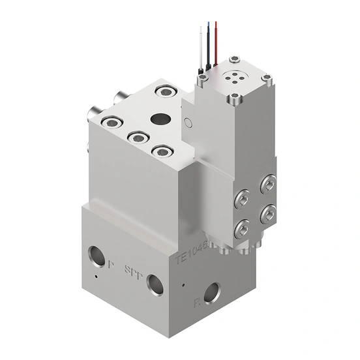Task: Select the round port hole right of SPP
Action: [155, 283]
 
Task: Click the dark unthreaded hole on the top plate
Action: [159, 119]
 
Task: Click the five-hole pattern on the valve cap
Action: [233, 76]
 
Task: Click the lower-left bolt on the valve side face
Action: [241, 227]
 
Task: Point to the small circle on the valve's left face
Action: [188, 121]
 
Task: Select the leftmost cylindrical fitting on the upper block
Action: [91, 117]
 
